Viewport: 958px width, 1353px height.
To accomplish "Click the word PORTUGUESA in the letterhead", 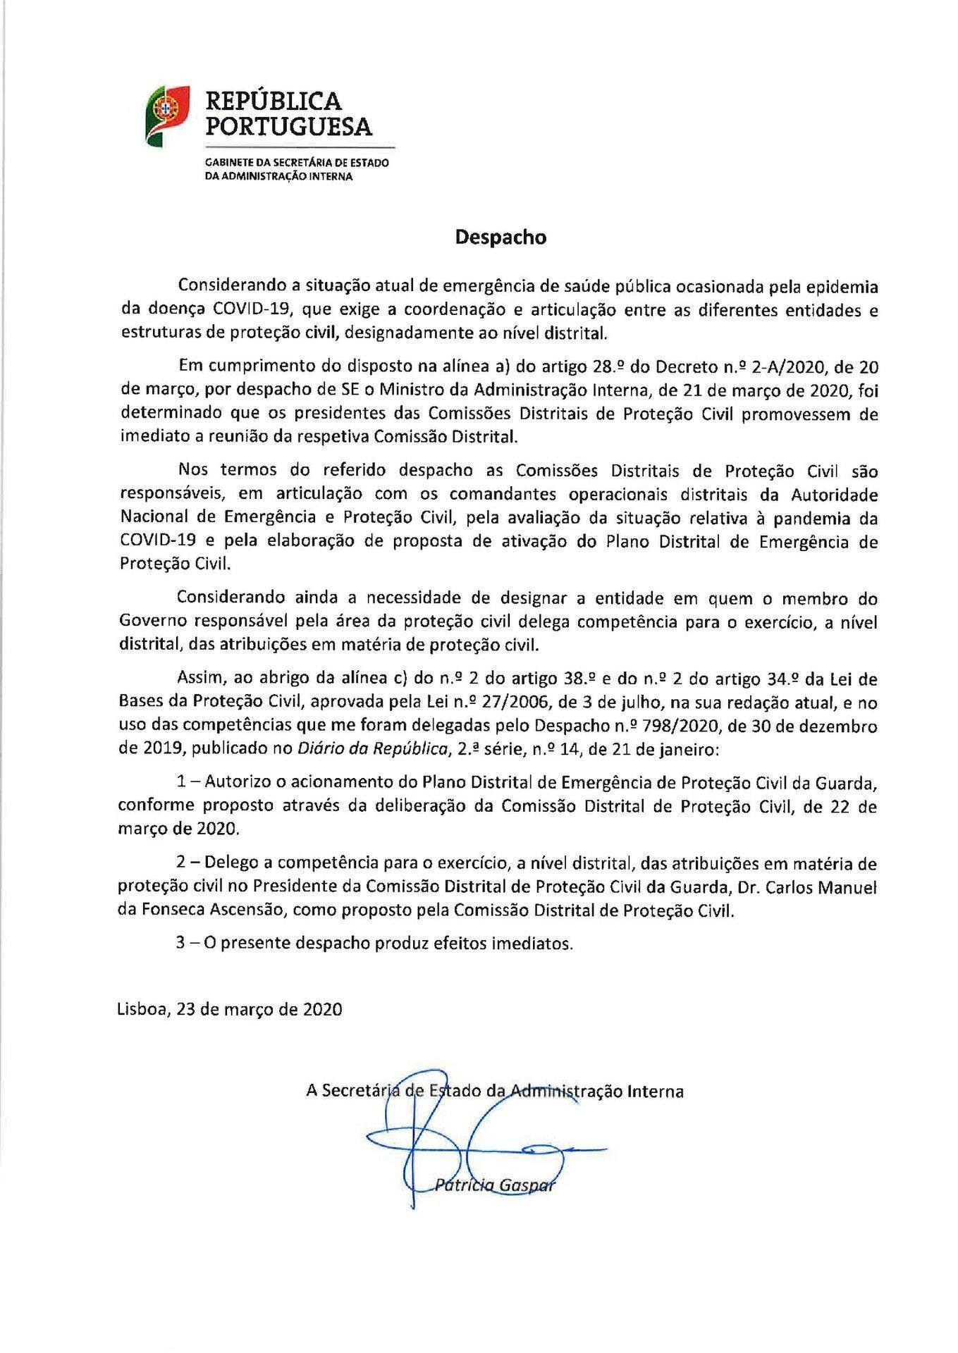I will [288, 127].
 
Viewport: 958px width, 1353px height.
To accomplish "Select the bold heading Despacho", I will [501, 237].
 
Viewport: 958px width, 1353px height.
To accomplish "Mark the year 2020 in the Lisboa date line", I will [322, 1008].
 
